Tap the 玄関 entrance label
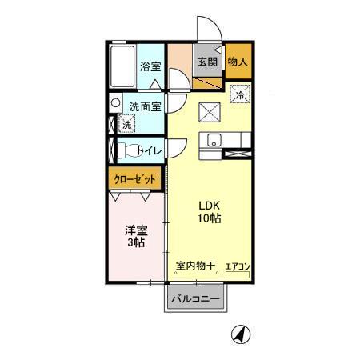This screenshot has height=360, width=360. point(208,61)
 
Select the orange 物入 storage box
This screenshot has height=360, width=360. point(237,62)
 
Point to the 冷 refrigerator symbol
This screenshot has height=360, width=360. point(238,95)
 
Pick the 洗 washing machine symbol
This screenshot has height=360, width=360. point(127,124)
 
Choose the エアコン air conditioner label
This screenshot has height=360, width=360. point(237,266)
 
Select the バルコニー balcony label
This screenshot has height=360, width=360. point(196,300)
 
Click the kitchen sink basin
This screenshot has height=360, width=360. point(213,141)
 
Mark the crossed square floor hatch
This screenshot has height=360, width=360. point(208,111)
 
